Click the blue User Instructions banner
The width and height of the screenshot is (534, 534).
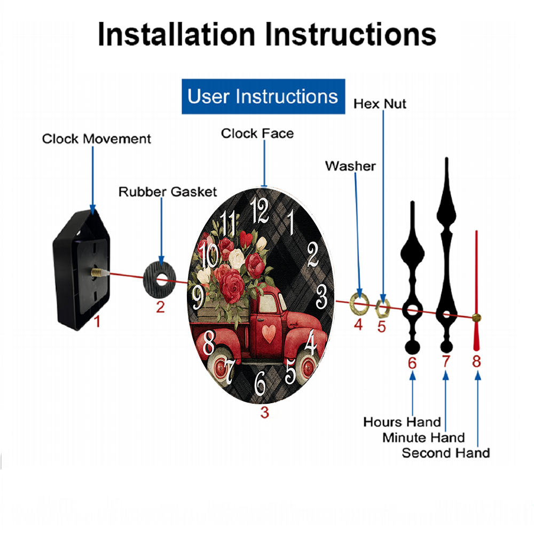click(263, 96)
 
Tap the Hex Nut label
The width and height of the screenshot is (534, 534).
click(380, 104)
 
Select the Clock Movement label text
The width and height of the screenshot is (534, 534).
click(96, 139)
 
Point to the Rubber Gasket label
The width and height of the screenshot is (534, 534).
click(168, 192)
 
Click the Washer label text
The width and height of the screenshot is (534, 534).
click(350, 166)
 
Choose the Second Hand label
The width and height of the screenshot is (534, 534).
click(446, 453)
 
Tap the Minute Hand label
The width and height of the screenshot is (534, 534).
click(423, 438)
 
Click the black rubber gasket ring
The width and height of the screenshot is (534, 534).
click(159, 280)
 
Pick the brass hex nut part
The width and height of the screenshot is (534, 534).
click(382, 308)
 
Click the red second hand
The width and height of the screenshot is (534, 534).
click(476, 290)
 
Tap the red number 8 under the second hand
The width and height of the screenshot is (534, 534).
click(476, 362)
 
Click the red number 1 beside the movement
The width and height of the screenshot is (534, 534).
click(97, 321)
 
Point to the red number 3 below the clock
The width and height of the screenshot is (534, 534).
click(265, 412)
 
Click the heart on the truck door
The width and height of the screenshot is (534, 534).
click(269, 333)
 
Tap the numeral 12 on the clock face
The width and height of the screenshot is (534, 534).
click(260, 211)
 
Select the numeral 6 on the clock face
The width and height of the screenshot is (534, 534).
click(261, 383)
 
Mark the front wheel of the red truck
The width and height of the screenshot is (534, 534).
click(307, 367)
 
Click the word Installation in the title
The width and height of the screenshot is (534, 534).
click(176, 34)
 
